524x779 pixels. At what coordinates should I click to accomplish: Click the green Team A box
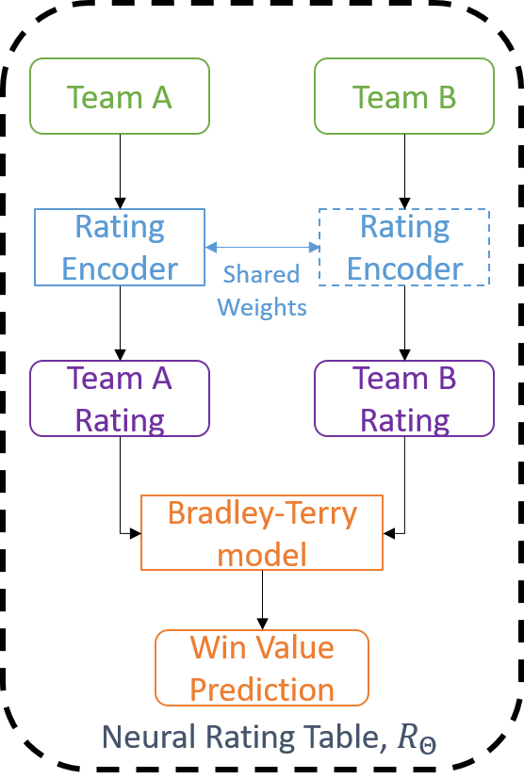120,96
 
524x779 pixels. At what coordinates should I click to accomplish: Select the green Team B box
403,96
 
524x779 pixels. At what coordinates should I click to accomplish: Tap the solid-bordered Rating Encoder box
120,247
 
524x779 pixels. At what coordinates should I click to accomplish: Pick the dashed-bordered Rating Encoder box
403,247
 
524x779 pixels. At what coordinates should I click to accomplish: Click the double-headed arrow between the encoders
262,247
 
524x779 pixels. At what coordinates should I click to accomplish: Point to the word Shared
261,274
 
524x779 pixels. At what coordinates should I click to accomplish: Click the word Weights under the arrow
262,307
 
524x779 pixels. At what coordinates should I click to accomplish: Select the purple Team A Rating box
120,398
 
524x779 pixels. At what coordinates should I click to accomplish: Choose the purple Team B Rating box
403,398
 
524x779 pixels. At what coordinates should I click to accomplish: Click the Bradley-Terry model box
262,532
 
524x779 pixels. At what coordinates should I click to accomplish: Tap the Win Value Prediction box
262,668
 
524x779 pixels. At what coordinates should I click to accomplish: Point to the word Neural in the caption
141,738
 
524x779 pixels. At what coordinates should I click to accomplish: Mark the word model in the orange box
262,554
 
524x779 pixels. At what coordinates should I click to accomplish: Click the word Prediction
262,689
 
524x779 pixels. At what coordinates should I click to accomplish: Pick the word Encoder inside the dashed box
405,268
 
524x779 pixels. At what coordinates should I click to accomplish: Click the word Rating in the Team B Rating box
405,420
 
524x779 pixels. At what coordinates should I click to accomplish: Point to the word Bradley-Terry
262,513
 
